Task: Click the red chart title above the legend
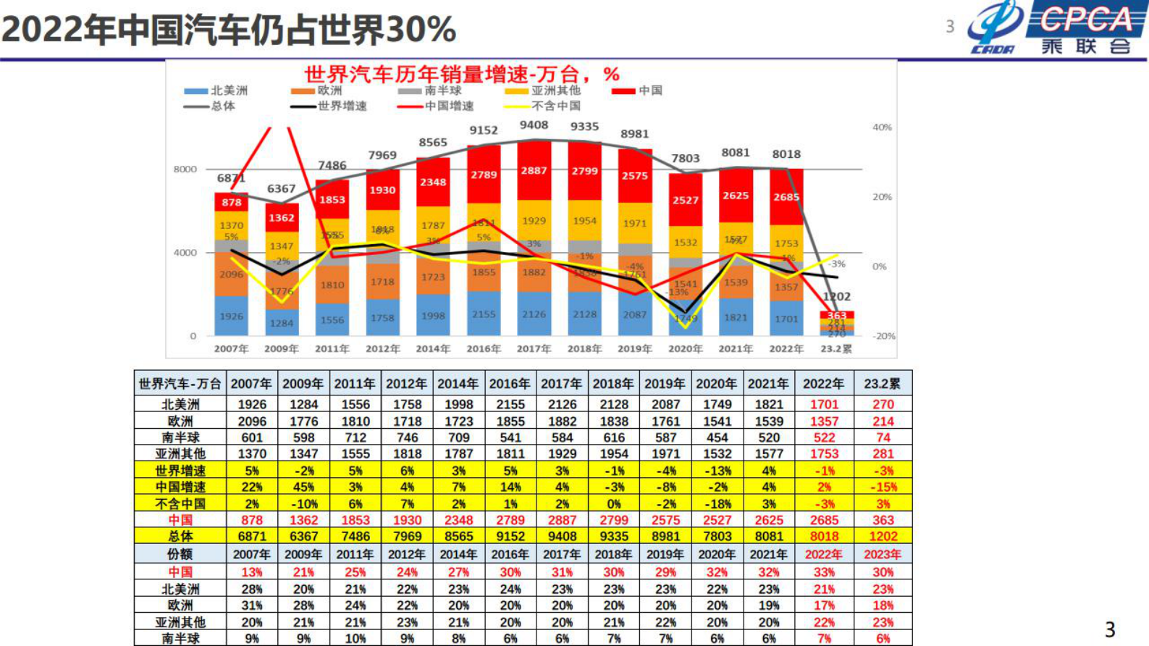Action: click(x=461, y=74)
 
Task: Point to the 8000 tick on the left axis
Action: click(x=185, y=169)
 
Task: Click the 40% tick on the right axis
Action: click(x=882, y=127)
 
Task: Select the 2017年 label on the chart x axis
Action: click(x=534, y=349)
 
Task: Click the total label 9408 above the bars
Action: click(x=534, y=125)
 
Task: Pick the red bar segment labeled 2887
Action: click(x=534, y=171)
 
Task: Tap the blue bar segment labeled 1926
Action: click(x=231, y=316)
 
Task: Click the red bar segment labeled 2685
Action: click(x=786, y=197)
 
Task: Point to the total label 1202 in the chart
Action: click(x=836, y=297)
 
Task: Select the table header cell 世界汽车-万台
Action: click(x=180, y=384)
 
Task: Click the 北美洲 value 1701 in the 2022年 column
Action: click(x=824, y=405)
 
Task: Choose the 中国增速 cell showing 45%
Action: click(x=303, y=487)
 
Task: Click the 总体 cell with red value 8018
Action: click(x=824, y=537)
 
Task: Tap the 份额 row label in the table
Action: click(x=180, y=555)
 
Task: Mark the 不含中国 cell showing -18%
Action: click(x=717, y=504)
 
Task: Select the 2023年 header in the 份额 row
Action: click(x=883, y=555)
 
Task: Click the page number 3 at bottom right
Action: click(x=1109, y=629)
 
